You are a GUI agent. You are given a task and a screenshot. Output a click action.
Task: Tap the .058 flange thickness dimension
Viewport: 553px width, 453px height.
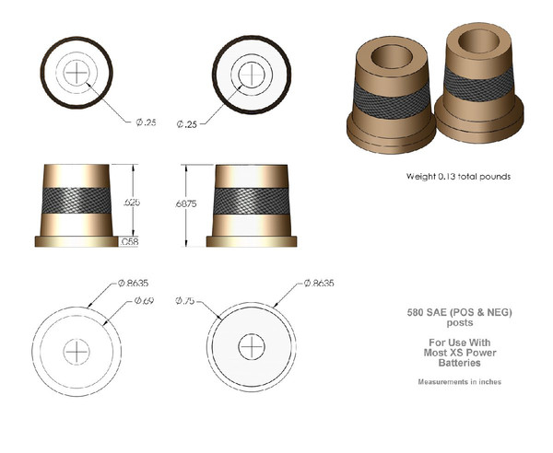[x=132, y=242]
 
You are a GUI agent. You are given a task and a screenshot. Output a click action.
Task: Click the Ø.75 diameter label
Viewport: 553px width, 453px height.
[x=183, y=301]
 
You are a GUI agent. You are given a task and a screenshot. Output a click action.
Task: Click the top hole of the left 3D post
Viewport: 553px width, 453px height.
[x=394, y=59]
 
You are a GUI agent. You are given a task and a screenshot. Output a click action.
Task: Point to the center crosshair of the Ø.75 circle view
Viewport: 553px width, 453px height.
[x=251, y=347]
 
